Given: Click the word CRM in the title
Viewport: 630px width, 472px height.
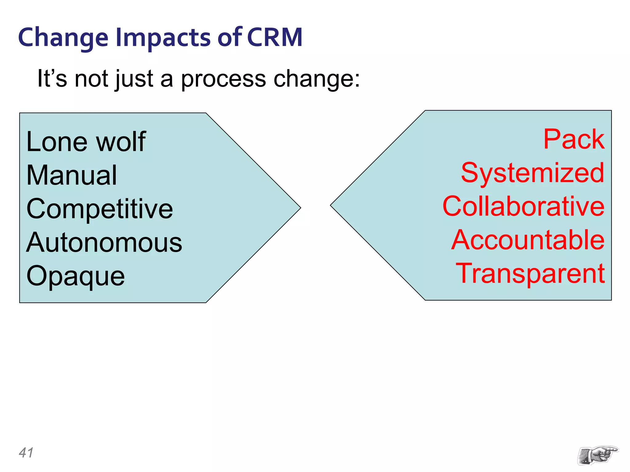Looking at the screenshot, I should (274, 37).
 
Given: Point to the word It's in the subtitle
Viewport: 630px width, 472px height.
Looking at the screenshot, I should (52, 78).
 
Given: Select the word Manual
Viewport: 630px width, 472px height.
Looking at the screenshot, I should (71, 175).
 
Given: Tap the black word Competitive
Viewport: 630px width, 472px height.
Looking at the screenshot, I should (100, 209).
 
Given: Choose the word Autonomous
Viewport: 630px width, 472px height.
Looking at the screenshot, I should (104, 242).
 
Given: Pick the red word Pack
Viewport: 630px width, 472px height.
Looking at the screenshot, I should (574, 139).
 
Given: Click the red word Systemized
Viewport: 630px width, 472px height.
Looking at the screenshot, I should (532, 173).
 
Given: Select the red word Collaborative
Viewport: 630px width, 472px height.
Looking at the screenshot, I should (523, 206).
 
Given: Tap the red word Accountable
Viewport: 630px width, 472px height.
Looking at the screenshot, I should (528, 240).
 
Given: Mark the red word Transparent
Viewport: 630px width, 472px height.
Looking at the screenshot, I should (530, 273).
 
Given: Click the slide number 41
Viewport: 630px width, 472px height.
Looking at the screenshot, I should (26, 453).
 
